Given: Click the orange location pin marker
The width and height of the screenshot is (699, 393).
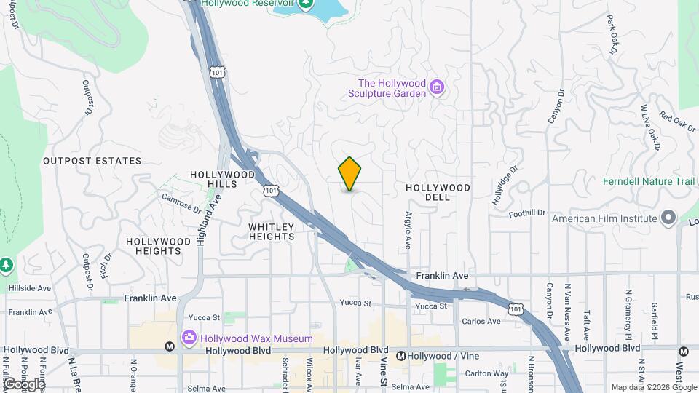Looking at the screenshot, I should pyautogui.click(x=349, y=174).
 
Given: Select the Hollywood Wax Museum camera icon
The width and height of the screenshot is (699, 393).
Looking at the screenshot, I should pyautogui.click(x=189, y=338).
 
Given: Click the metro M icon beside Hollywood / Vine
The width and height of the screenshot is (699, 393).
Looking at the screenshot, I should pyautogui.click(x=400, y=356).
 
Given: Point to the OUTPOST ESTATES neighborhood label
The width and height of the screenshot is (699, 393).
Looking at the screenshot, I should pyautogui.click(x=92, y=161).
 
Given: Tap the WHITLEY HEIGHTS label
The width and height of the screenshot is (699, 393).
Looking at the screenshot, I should pyautogui.click(x=272, y=231).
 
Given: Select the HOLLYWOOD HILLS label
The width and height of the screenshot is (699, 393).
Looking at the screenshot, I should pyautogui.click(x=222, y=179).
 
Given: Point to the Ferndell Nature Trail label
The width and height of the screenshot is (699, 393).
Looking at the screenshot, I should pyautogui.click(x=650, y=181).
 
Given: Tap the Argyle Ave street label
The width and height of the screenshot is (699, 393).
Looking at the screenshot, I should pyautogui.click(x=408, y=232).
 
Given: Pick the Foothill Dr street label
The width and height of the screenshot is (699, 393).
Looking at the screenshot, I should pyautogui.click(x=528, y=213).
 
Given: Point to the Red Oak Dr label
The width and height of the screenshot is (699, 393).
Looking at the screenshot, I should pyautogui.click(x=677, y=120).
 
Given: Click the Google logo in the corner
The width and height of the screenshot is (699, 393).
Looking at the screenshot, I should pyautogui.click(x=24, y=384).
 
